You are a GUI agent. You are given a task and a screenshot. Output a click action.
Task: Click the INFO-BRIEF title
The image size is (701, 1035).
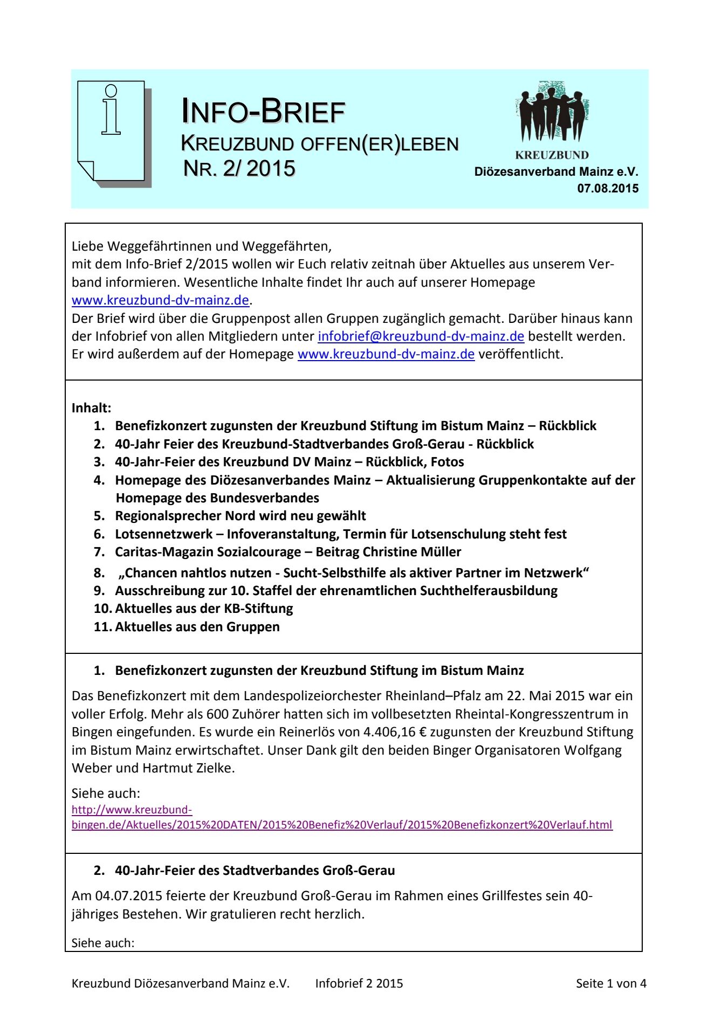[x=263, y=112]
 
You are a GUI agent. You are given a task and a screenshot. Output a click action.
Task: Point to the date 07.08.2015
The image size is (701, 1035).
[x=608, y=189]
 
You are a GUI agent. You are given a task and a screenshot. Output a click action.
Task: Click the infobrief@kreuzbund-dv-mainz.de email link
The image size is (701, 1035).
[x=421, y=336]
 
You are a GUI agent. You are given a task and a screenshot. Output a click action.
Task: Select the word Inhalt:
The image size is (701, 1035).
[x=91, y=408]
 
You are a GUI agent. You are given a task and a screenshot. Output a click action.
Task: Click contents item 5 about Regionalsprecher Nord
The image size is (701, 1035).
[x=240, y=516]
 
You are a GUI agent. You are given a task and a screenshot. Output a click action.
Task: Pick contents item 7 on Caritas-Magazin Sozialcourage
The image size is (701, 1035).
[x=287, y=552]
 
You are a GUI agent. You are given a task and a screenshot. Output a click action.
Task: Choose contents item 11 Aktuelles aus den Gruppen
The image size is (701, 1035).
[x=197, y=627]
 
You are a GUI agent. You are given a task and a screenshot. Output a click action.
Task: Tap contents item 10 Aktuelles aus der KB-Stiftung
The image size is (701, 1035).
[x=203, y=609]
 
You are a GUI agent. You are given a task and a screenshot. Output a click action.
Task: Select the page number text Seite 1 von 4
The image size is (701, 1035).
[x=610, y=983]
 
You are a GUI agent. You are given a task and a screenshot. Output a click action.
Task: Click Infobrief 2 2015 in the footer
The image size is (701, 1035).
[x=359, y=983]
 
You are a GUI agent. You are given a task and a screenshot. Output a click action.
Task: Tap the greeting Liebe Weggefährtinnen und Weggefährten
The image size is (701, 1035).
[x=201, y=246]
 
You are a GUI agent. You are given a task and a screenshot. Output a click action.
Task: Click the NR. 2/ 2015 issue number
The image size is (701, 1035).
[x=239, y=168]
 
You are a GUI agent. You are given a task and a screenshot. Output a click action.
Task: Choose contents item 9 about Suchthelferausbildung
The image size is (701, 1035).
[x=335, y=591]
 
